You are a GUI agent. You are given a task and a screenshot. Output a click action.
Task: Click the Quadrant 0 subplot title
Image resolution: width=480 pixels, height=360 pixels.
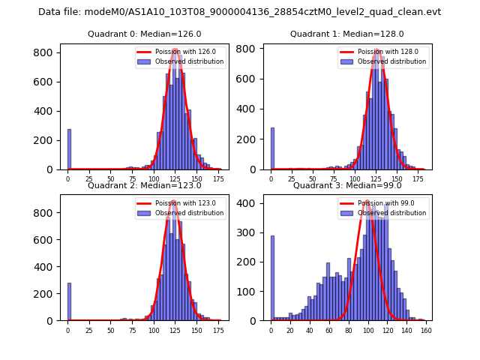coord(144,34)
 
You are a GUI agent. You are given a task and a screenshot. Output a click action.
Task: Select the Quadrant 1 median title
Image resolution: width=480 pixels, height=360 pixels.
coord(346,34)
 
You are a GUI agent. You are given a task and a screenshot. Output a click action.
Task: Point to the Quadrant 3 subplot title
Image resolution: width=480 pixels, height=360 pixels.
coord(346,185)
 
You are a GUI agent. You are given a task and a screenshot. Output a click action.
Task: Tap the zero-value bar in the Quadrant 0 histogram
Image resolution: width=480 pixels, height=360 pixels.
coord(69,149)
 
